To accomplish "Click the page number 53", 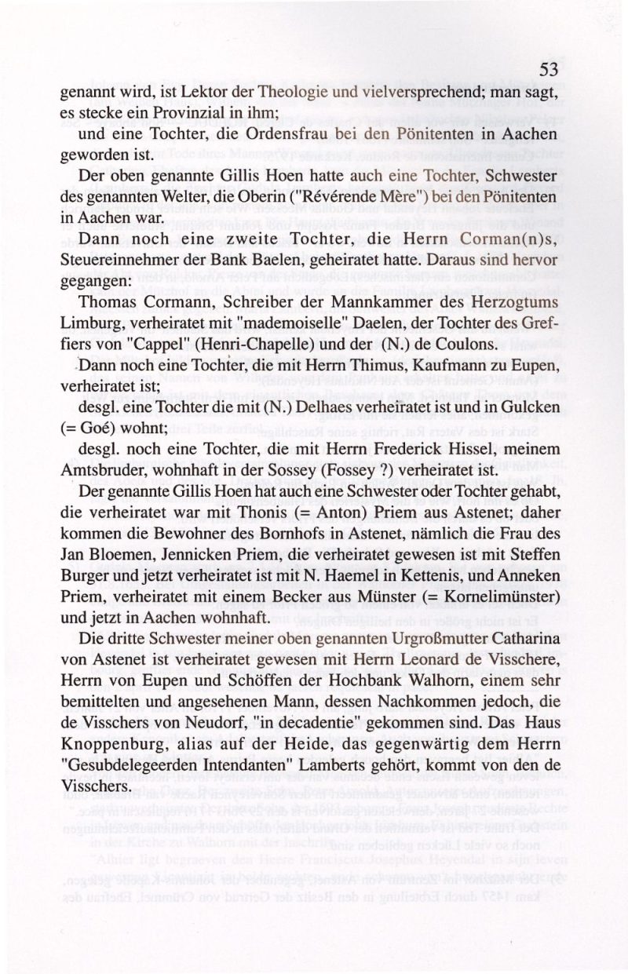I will point(549,71).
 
